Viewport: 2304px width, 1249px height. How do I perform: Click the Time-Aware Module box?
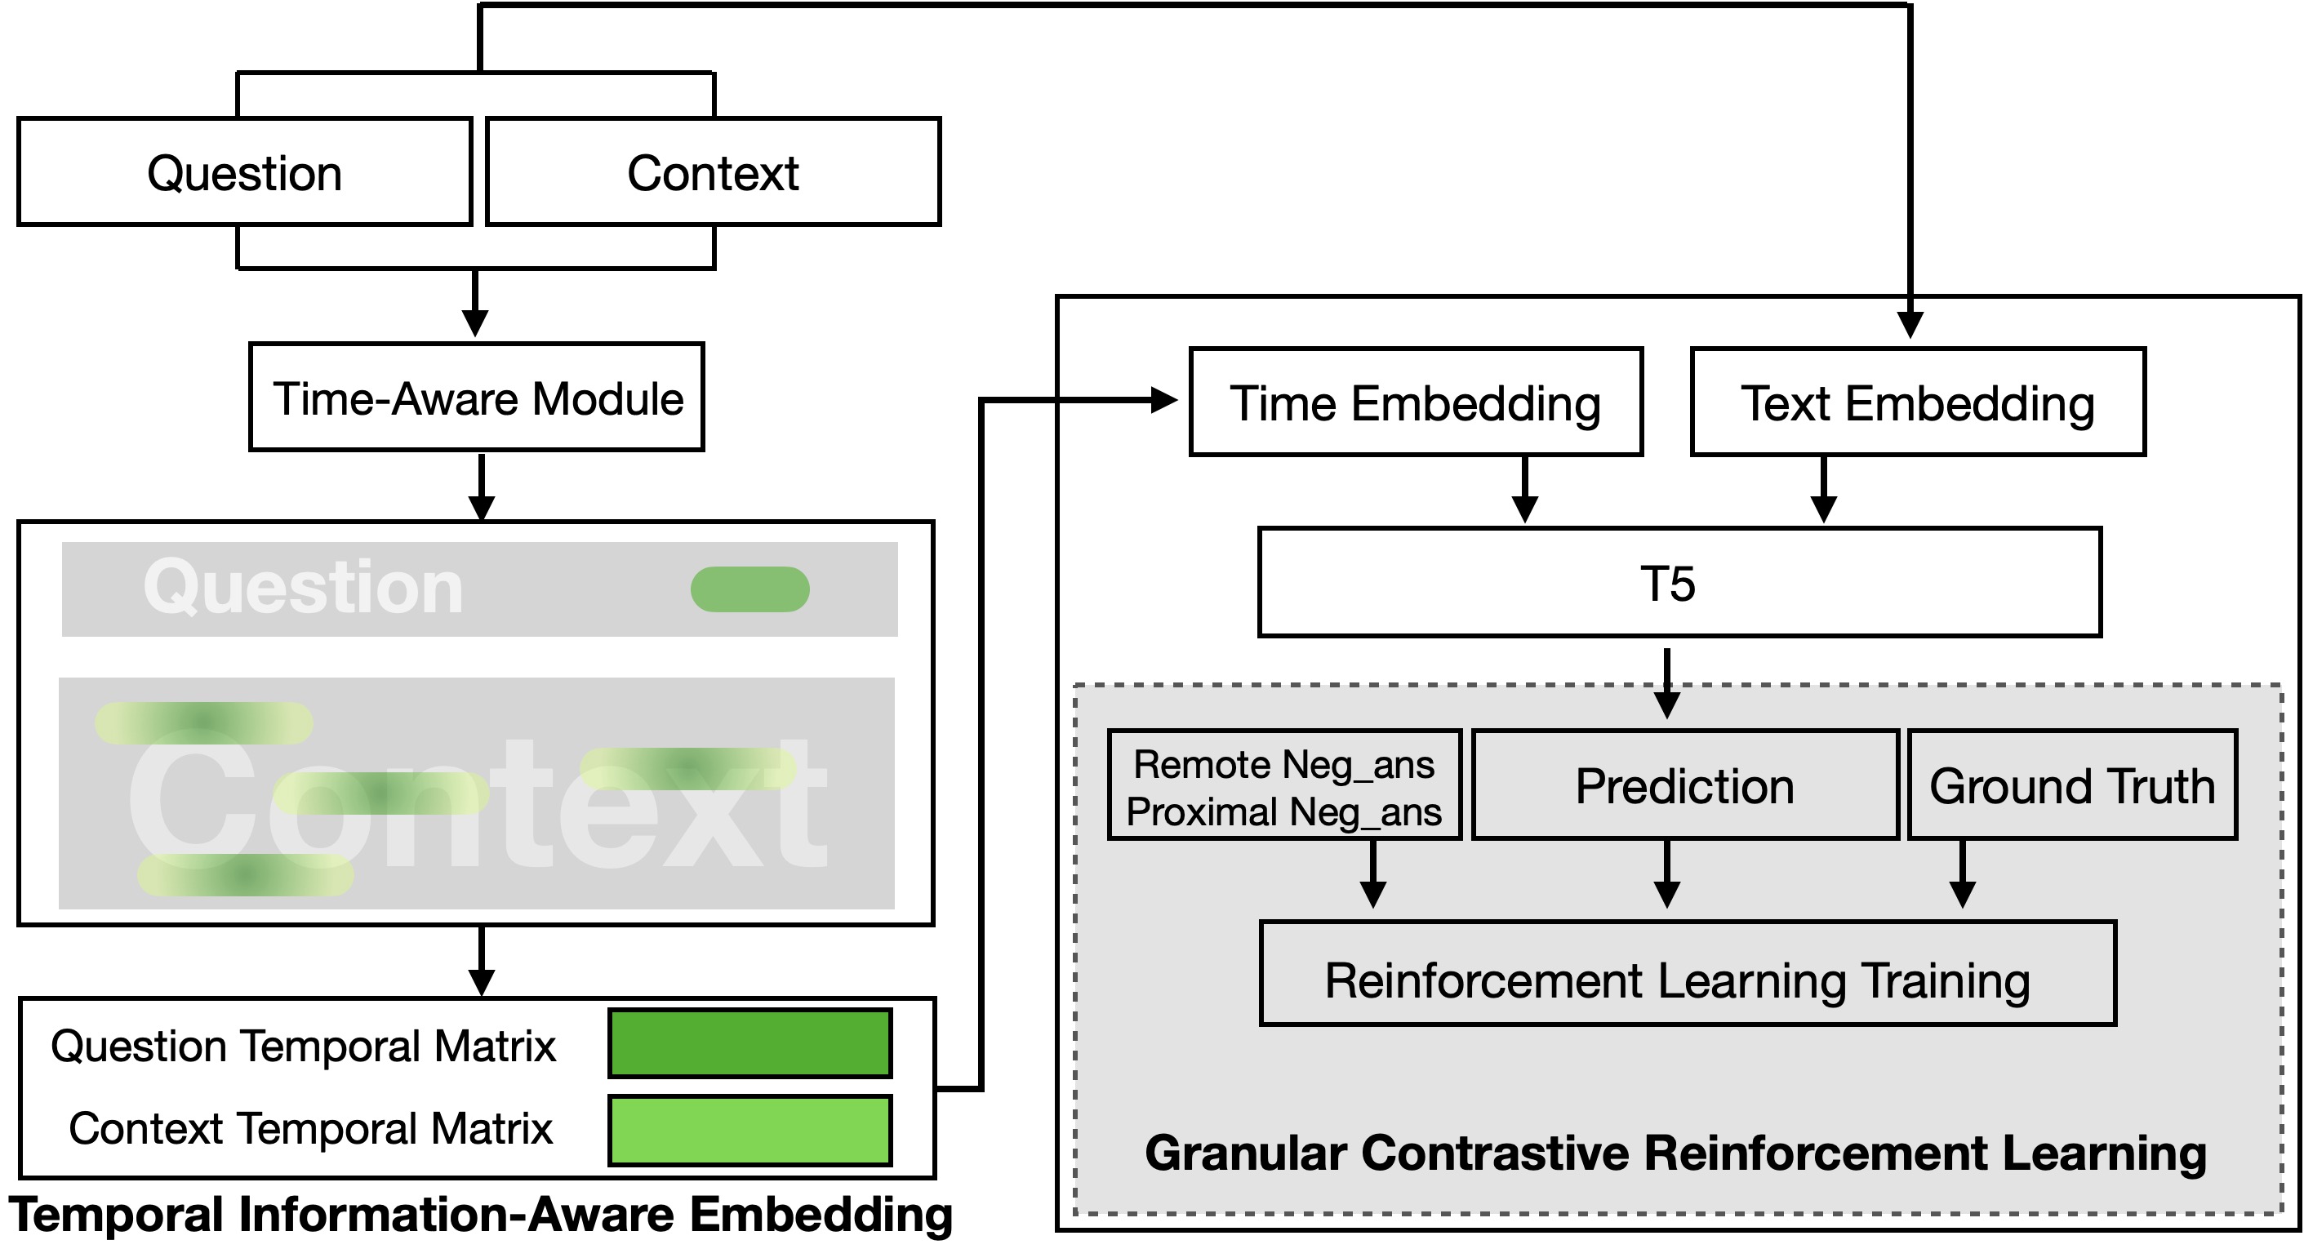point(477,398)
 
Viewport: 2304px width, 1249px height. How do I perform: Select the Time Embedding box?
point(1416,402)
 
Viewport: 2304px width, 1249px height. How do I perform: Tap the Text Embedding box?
point(1918,402)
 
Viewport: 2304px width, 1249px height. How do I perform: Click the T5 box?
point(1679,583)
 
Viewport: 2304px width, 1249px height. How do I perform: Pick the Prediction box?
point(1685,786)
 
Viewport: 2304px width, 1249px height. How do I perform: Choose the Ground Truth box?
point(2071,786)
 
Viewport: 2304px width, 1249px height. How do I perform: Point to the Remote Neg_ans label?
point(1283,764)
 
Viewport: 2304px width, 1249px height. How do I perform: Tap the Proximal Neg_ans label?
point(1283,811)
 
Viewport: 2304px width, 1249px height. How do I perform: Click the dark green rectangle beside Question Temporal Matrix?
point(749,1043)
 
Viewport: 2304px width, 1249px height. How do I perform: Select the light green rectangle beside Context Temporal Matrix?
point(749,1130)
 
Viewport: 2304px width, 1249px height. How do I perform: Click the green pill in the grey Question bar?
point(749,589)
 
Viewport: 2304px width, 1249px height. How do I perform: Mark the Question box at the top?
point(244,171)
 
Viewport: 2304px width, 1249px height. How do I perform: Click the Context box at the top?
point(713,171)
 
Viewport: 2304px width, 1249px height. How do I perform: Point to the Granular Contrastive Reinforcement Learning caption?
point(1675,1153)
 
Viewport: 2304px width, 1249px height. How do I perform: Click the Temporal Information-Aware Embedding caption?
point(480,1215)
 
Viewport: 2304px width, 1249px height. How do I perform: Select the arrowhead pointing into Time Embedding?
point(1163,400)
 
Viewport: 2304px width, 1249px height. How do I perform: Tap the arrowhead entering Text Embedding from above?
point(1910,325)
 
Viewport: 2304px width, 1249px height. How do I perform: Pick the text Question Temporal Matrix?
point(303,1046)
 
